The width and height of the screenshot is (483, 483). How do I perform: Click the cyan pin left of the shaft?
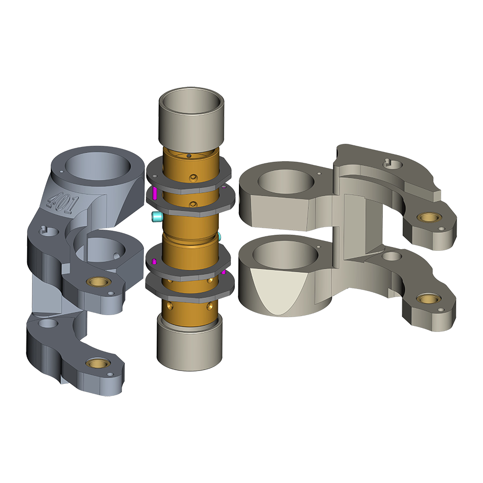click(x=157, y=216)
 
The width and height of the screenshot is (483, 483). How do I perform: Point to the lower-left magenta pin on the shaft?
click(x=154, y=262)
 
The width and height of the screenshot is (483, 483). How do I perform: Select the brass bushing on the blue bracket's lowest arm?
click(x=98, y=363)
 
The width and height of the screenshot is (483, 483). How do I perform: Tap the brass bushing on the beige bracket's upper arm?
click(x=428, y=217)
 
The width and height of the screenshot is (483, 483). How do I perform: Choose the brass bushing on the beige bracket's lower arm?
click(x=428, y=299)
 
